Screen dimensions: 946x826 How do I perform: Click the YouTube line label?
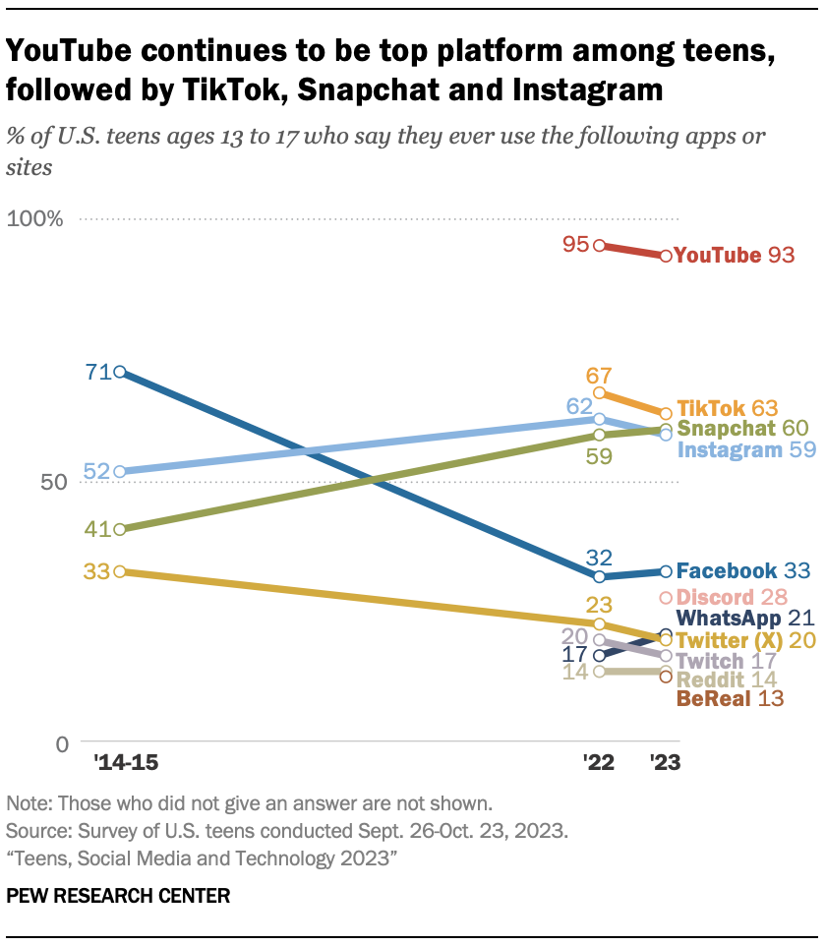pyautogui.click(x=718, y=256)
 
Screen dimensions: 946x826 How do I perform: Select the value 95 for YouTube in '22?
pyautogui.click(x=575, y=244)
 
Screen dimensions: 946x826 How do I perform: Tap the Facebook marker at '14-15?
pyautogui.click(x=119, y=372)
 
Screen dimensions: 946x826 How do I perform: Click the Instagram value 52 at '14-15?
pyautogui.click(x=95, y=472)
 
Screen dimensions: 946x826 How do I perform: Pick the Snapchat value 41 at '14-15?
pyautogui.click(x=95, y=529)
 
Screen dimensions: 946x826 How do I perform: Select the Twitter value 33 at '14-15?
pyautogui.click(x=95, y=570)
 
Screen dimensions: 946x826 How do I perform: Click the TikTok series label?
pyautogui.click(x=710, y=408)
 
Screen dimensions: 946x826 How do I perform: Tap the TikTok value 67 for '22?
pyautogui.click(x=599, y=376)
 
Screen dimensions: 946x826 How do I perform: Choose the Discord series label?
pyautogui.click(x=714, y=597)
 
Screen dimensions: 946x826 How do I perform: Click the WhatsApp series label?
pyautogui.click(x=728, y=619)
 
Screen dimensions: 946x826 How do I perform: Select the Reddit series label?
pyautogui.click(x=712, y=680)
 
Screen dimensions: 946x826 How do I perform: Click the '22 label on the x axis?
pyautogui.click(x=598, y=762)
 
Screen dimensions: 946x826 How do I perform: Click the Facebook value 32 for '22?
pyautogui.click(x=599, y=557)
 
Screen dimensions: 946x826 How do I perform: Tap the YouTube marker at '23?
pyautogui.click(x=666, y=256)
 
